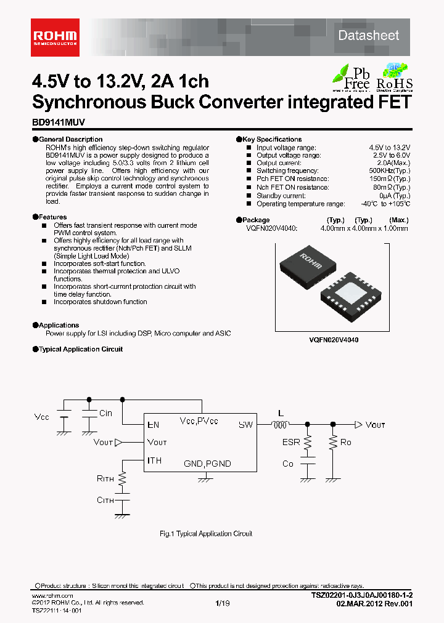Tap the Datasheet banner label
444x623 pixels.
point(368,36)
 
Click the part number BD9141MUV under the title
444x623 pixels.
point(59,123)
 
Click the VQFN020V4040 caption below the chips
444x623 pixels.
point(334,340)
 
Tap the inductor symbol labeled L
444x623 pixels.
point(281,424)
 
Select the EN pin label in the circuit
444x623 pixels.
point(153,424)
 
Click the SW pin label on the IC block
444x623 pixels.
point(246,424)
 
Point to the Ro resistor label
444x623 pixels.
point(346,442)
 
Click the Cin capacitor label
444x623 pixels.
point(105,413)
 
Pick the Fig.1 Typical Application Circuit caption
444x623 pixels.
point(206,534)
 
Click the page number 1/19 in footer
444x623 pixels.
point(222,604)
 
